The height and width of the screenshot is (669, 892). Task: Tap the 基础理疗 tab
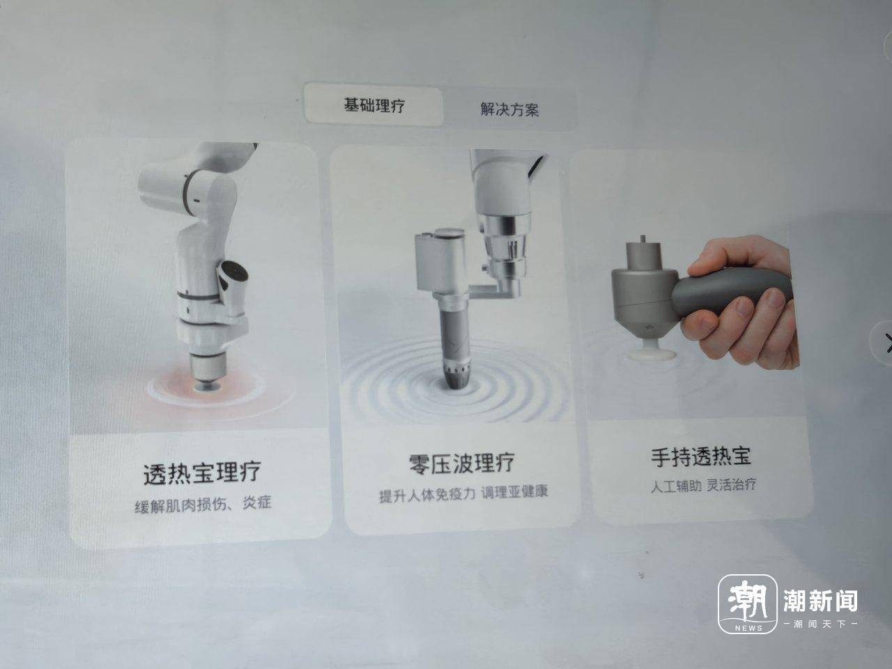point(374,105)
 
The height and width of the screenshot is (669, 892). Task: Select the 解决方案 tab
point(509,109)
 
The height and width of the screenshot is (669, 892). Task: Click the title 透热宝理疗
point(201,472)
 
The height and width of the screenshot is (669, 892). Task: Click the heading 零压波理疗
point(461,463)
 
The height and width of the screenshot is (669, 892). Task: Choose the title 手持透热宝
point(701,456)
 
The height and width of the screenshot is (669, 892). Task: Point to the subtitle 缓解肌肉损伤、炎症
point(203,505)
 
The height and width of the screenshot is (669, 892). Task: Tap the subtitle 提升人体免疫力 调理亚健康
point(463,493)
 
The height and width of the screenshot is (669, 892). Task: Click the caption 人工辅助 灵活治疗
point(703,485)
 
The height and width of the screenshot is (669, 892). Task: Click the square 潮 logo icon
point(747,603)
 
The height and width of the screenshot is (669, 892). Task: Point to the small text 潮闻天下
point(820,624)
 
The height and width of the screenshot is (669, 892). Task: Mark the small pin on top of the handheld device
point(643,239)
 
